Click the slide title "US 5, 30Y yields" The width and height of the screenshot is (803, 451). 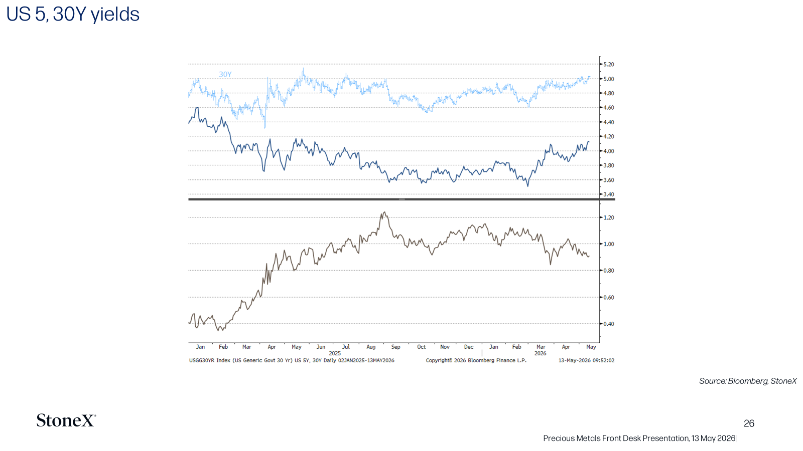73,15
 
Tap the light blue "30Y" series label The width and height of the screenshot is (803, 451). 225,75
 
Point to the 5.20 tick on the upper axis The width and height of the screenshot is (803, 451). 608,65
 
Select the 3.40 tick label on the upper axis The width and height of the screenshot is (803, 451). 608,194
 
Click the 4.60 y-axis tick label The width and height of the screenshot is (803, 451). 608,107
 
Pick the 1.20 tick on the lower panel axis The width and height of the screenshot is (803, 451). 608,217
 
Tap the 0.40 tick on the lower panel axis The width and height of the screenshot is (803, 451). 608,324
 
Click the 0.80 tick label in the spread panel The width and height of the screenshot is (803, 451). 608,271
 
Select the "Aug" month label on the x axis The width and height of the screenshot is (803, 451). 371,347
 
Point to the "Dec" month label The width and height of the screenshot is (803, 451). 469,347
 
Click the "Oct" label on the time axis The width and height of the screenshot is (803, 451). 421,347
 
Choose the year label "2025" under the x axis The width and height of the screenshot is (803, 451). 335,353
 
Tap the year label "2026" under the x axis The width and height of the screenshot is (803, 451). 540,353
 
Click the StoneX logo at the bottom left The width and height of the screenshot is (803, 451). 66,420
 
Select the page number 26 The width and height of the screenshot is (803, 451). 749,423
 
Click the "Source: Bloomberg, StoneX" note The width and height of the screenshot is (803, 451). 748,381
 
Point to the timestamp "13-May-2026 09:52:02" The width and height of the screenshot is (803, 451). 586,360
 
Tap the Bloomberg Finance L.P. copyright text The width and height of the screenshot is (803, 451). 476,360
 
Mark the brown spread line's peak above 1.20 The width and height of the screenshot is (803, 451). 384,212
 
